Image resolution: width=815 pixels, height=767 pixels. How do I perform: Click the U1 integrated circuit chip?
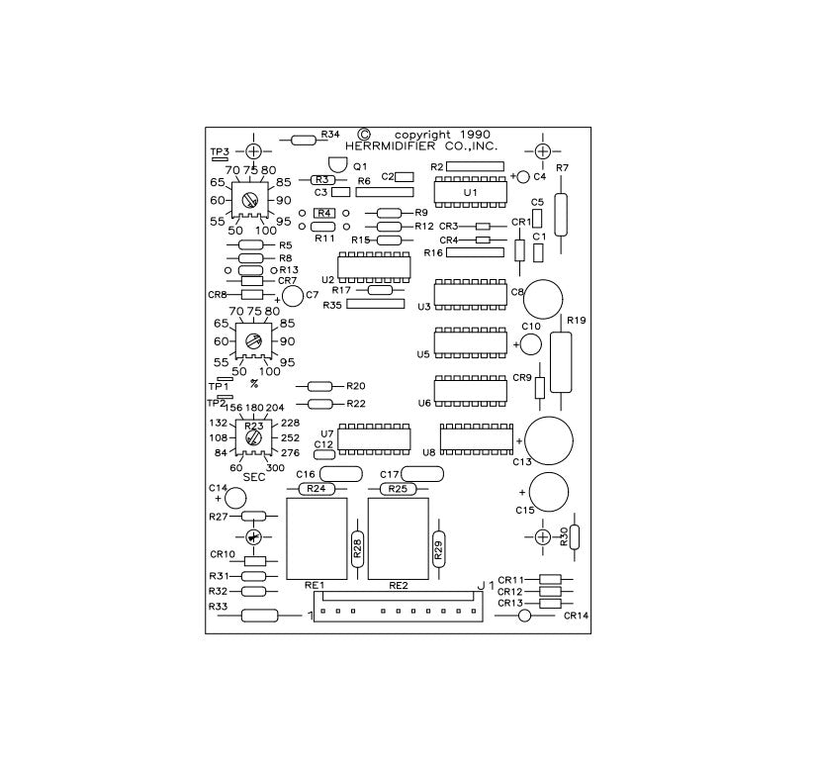tap(471, 192)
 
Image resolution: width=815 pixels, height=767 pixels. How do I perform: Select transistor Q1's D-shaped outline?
tap(338, 164)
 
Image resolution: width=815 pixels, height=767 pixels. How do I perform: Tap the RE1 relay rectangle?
tap(317, 538)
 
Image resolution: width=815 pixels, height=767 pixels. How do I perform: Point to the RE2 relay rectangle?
tap(399, 538)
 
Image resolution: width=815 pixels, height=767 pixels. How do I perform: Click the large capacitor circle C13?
tap(549, 440)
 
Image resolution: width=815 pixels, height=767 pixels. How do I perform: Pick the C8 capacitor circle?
tap(543, 299)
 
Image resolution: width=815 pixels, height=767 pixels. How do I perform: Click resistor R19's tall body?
tap(561, 362)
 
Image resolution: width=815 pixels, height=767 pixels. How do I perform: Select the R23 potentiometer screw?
tap(253, 437)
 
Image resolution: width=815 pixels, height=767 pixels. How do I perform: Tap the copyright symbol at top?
tap(365, 135)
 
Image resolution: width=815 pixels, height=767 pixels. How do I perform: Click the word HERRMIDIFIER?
tap(390, 146)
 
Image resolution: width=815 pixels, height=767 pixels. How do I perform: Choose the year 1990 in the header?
tap(475, 135)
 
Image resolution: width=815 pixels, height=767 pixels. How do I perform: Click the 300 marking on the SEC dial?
tap(276, 467)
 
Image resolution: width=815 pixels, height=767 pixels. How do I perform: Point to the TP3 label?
tap(220, 151)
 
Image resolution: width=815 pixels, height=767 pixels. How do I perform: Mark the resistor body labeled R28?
tap(357, 548)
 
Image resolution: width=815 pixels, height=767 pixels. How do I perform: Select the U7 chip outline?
tap(374, 438)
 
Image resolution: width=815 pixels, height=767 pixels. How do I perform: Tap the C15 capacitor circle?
tap(549, 492)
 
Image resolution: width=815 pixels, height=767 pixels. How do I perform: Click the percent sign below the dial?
tap(253, 384)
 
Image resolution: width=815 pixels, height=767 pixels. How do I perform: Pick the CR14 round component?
tap(525, 616)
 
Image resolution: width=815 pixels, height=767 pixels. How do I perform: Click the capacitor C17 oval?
tap(422, 474)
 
